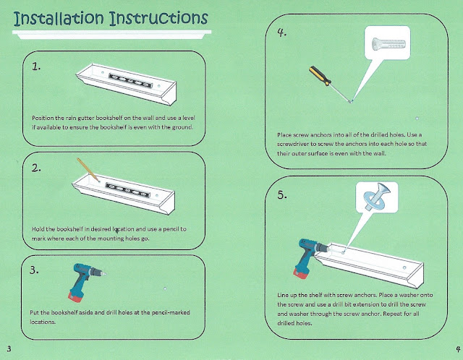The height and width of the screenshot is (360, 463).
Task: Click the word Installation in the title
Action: click(59, 18)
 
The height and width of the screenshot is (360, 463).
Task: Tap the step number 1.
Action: click(36, 67)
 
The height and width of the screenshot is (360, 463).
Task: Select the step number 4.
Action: click(282, 32)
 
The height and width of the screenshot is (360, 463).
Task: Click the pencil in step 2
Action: click(88, 170)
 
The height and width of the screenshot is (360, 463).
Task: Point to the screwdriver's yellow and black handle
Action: click(320, 76)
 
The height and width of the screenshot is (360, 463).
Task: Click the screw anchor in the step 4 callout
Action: click(388, 44)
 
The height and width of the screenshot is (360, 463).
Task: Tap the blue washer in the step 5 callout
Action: click(373, 197)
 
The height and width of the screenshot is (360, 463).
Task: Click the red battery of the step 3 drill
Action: click(75, 296)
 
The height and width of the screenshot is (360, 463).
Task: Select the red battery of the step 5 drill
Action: click(301, 273)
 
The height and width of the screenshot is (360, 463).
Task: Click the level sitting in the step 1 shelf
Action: click(130, 80)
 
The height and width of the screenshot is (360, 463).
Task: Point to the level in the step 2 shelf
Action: click(128, 189)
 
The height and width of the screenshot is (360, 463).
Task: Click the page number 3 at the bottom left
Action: click(9, 348)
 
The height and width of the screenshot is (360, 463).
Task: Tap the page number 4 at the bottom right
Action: click(458, 348)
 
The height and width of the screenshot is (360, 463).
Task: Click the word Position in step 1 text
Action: click(43, 118)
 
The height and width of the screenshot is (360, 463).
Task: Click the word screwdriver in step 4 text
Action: click(292, 145)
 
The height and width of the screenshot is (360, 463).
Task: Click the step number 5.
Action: click(282, 194)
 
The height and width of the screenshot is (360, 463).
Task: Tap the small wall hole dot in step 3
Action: click(165, 288)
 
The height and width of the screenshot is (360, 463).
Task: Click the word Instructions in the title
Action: click(158, 18)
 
